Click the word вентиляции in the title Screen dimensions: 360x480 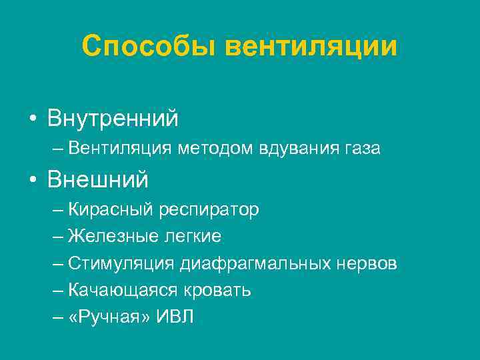[311, 46]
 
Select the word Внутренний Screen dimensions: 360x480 [113, 119]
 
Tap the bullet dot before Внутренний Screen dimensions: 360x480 [32, 119]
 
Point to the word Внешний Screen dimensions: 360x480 [98, 179]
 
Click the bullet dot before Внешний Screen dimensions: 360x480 [32, 180]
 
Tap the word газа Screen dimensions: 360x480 [360, 149]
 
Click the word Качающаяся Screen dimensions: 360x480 [121, 291]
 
